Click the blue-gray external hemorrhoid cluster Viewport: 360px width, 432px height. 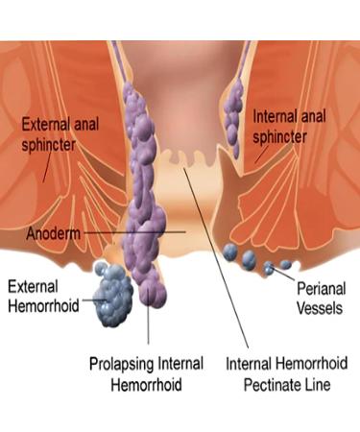tap(116, 294)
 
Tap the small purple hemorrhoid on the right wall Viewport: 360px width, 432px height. tap(231, 106)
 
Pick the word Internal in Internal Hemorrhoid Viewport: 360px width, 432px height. tap(252, 366)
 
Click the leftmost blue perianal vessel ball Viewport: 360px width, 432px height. tap(230, 252)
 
